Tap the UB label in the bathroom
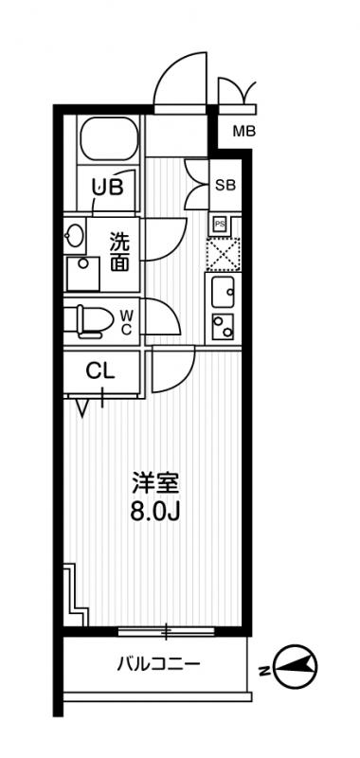[x=107, y=187]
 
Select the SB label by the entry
[x=225, y=185]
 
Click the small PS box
[x=220, y=224]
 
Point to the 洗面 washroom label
[x=119, y=252]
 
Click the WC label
[x=127, y=321]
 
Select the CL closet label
[x=100, y=371]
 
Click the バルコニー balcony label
[x=157, y=665]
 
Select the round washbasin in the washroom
[x=75, y=236]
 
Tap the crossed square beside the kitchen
[x=224, y=254]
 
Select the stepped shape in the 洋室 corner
[x=74, y=592]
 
